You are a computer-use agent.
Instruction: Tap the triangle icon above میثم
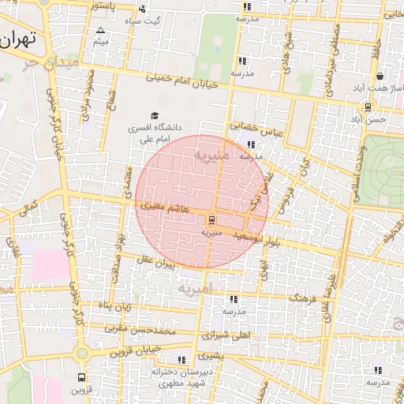pos(99,29)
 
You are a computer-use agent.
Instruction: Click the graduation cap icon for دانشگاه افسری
pos(154,116)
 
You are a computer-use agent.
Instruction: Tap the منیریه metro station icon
pos(211,220)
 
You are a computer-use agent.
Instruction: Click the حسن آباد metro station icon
pos(368,107)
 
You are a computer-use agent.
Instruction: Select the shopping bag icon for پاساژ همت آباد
pos(380,77)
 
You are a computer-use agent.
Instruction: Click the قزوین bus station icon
pos(82,379)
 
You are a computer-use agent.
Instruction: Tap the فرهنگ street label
pos(302,300)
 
